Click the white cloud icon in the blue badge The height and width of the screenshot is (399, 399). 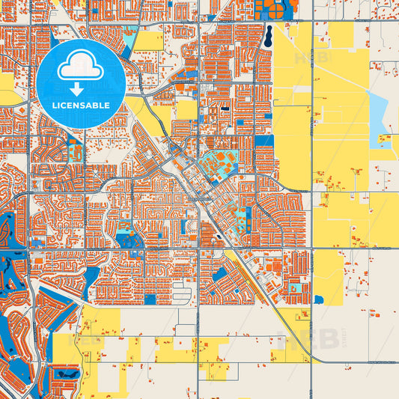80,67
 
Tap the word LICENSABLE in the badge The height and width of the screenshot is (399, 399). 80,106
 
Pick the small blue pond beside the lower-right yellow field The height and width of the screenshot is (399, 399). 319,299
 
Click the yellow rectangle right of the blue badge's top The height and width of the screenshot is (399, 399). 148,41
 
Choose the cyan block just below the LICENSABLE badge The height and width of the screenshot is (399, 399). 75,150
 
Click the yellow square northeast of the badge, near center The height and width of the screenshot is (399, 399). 186,109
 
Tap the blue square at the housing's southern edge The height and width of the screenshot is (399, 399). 150,300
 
